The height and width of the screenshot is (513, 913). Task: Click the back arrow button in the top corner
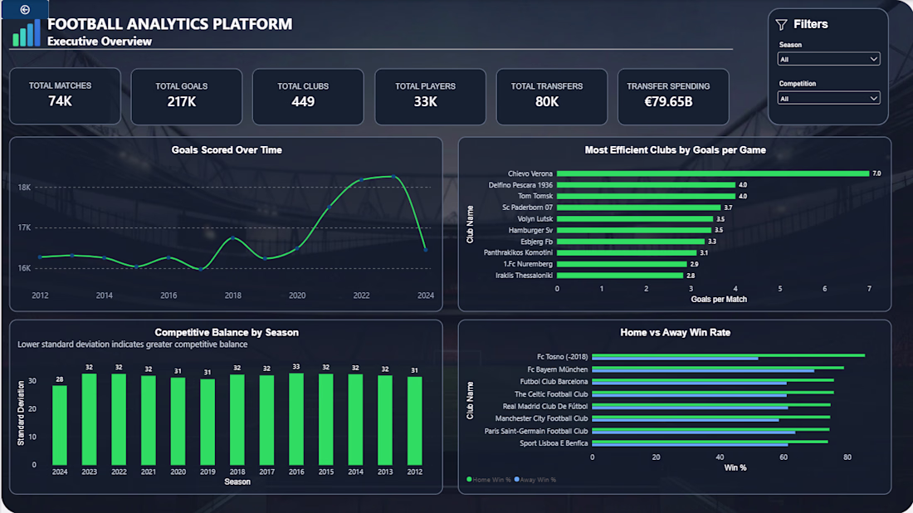[24, 9]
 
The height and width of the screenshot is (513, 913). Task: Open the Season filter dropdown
[828, 59]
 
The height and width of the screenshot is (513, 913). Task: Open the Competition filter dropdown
[828, 99]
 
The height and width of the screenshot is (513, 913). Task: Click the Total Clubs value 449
[303, 101]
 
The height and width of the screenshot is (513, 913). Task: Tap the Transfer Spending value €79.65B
[668, 101]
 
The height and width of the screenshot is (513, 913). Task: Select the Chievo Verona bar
[713, 173]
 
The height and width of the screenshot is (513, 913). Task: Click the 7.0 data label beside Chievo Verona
[876, 173]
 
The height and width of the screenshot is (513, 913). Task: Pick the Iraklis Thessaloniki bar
[619, 276]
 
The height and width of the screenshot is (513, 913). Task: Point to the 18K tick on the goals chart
[24, 188]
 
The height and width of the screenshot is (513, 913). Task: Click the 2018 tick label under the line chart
[233, 296]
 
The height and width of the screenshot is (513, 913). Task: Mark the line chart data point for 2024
[426, 250]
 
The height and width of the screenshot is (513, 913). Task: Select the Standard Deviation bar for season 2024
[60, 425]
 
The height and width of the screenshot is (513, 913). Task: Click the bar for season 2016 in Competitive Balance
[296, 419]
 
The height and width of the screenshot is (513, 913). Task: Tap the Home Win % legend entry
[489, 480]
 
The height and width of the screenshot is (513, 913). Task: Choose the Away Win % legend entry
[535, 480]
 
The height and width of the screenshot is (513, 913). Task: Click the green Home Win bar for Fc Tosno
[729, 355]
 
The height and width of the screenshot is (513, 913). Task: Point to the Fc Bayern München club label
[557, 369]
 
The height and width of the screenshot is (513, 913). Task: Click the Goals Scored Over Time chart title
[227, 149]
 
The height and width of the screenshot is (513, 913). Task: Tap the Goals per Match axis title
[719, 300]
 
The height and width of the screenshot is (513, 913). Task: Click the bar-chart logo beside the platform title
[27, 32]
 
